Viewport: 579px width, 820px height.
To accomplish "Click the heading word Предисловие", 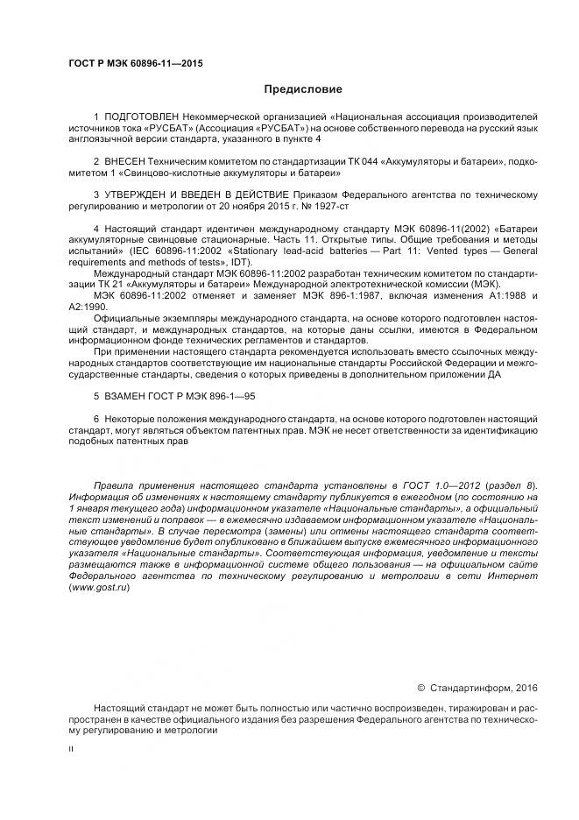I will [303, 89].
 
